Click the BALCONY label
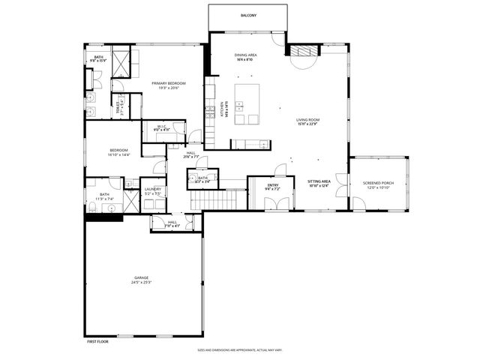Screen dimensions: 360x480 (x=248, y=15)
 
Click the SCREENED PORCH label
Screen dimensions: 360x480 (x=379, y=182)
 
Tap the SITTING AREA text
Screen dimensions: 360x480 (x=319, y=181)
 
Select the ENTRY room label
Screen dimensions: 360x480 (x=272, y=184)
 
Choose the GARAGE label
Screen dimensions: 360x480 (x=142, y=277)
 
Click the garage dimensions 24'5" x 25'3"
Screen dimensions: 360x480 (x=142, y=283)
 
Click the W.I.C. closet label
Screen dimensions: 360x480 (x=162, y=126)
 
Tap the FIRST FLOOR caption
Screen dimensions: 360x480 (x=98, y=340)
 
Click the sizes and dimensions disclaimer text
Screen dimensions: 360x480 (x=240, y=349)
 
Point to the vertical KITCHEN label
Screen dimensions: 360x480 (x=223, y=110)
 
